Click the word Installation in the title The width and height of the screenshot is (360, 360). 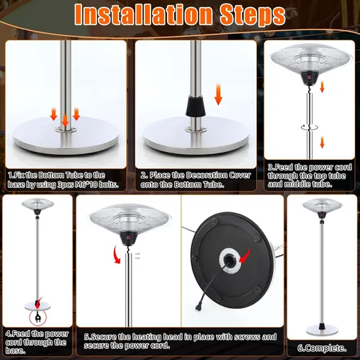tap(143, 14)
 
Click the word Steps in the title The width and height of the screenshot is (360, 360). tap(253, 16)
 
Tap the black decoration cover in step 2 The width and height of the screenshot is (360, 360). tap(196, 106)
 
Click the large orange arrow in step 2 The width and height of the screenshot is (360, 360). tap(218, 94)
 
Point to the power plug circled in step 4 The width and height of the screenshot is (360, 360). tap(37, 318)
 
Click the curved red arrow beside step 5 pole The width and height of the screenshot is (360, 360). tap(116, 254)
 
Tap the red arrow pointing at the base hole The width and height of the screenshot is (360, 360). tap(246, 254)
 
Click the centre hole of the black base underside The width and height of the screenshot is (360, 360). tap(229, 260)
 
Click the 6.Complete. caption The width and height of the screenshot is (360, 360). tap(322, 348)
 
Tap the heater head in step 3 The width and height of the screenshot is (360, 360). tap(312, 63)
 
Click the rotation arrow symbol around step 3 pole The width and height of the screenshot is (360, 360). tap(310, 127)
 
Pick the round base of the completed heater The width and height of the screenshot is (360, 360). tap(322, 330)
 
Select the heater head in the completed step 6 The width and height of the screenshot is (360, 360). tap(322, 207)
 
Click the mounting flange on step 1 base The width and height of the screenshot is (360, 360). tap(66, 130)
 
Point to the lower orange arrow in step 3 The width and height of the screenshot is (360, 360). tap(322, 142)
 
